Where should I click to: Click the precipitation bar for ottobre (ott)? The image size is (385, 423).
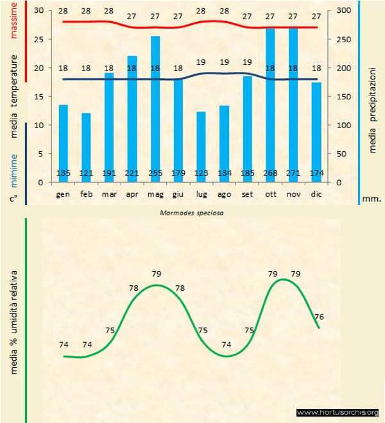pos(270,103)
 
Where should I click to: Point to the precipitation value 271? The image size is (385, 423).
pos(293,173)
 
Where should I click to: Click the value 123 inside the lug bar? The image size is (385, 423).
pos(201,173)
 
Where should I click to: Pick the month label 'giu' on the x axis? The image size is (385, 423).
pos(178,193)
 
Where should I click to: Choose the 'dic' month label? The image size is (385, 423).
pos(316,193)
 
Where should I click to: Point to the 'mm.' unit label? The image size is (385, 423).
pos(372,199)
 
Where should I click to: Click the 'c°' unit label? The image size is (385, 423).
pos(13,199)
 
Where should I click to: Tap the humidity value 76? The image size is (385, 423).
pos(319,317)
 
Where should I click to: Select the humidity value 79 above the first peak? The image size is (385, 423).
pos(156,274)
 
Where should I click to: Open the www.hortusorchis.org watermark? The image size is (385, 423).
pos(338,412)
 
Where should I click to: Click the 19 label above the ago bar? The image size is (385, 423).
pos(224,62)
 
